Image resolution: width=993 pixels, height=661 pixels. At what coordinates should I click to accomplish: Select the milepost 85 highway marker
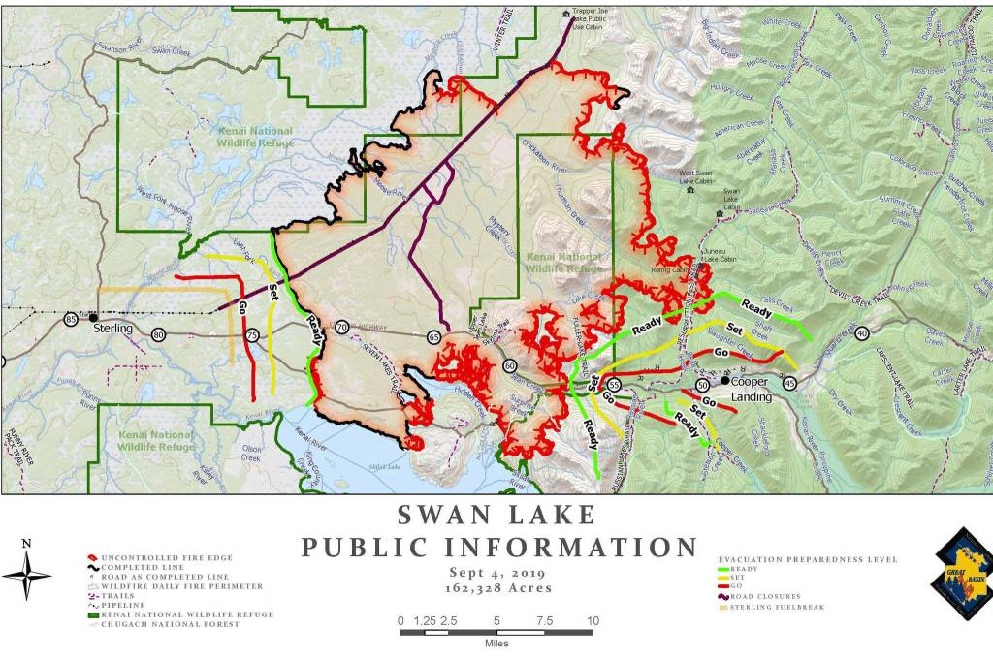point(71,319)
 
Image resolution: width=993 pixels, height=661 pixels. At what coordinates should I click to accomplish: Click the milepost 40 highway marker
point(862,333)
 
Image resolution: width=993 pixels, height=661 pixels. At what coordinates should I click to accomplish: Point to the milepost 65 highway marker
point(432,335)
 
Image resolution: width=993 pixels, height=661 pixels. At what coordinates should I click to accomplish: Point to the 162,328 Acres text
point(496,587)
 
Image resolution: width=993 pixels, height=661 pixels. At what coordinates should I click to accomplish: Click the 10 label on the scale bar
point(592,621)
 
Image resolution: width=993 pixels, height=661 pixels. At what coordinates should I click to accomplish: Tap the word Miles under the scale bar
point(496,645)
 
